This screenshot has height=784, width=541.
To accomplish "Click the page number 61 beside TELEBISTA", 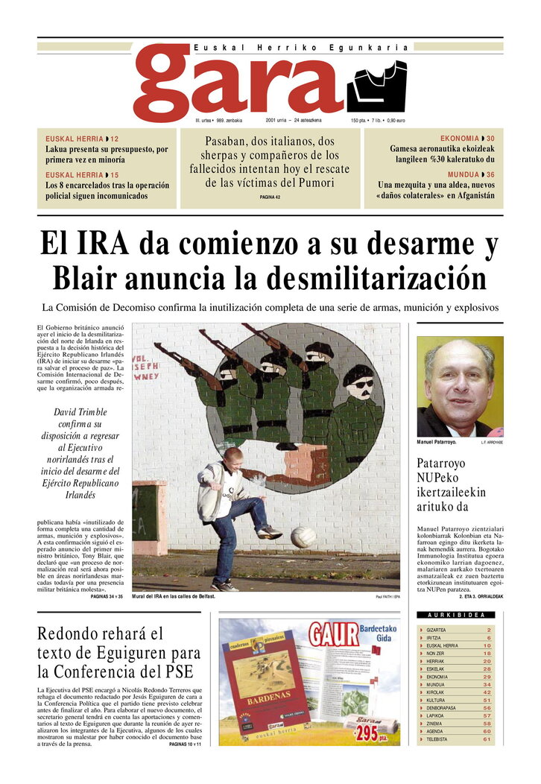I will coord(487,739).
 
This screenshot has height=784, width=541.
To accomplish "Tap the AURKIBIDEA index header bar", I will coord(460,615).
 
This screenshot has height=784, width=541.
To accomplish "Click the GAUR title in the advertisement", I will coord(335,634).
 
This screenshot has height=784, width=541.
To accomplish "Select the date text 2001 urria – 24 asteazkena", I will coord(293,120).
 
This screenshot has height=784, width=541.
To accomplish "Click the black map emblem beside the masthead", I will coord(376,86).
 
